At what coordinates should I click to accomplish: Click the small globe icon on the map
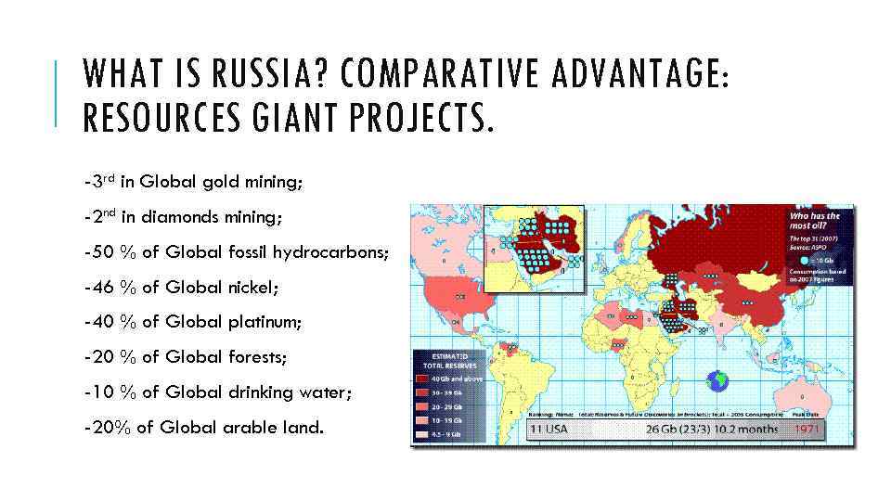tap(717, 380)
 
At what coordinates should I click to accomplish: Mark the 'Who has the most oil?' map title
tap(814, 222)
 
